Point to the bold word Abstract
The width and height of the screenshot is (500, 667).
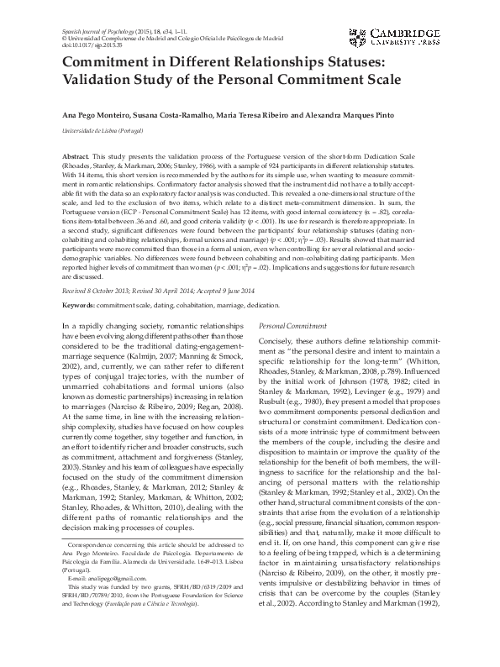(76, 157)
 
